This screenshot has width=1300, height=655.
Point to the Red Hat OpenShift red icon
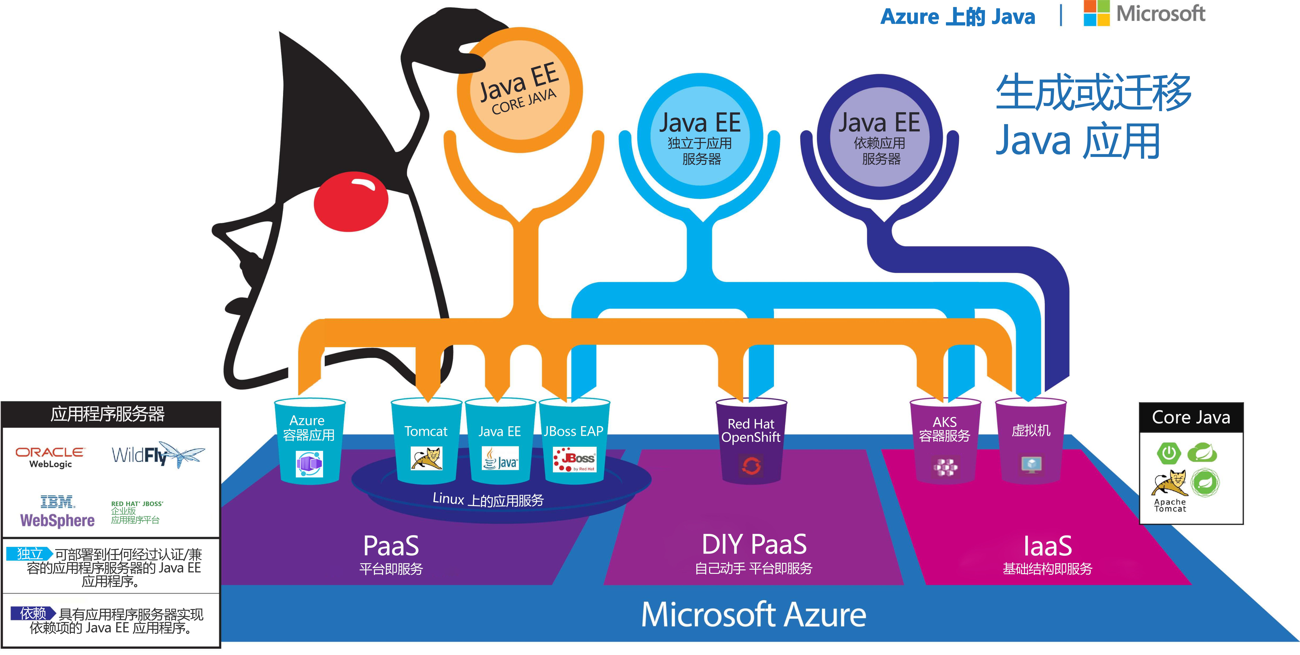(751, 466)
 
